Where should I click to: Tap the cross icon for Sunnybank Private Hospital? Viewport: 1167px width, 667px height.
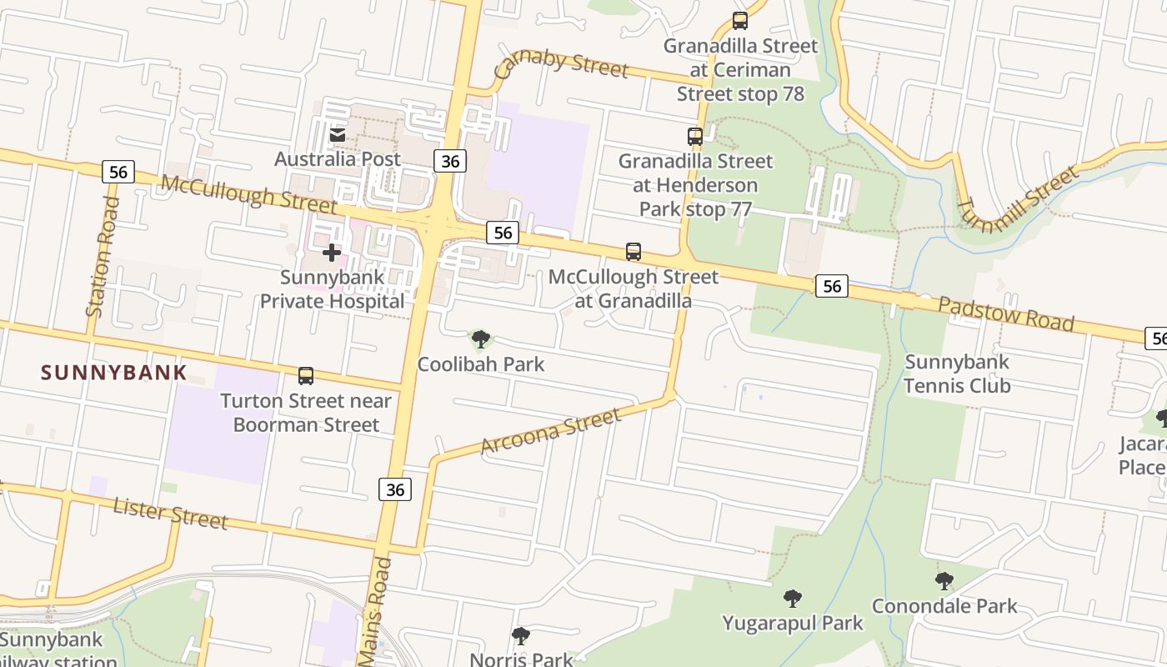click(x=332, y=253)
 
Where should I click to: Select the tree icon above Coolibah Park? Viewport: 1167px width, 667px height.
click(x=480, y=339)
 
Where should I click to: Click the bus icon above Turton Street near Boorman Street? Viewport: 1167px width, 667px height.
click(x=306, y=376)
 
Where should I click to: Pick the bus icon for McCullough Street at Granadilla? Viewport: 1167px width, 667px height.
click(x=634, y=252)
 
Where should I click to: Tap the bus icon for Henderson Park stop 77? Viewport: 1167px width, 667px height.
click(x=695, y=137)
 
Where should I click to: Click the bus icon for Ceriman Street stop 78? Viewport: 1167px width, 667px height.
click(x=740, y=22)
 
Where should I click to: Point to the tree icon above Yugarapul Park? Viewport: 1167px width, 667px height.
click(x=793, y=598)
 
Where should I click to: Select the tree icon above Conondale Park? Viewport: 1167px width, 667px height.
click(x=944, y=581)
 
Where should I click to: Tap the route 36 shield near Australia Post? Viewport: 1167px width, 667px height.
click(x=449, y=161)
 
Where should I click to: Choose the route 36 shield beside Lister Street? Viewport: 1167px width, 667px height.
click(x=395, y=489)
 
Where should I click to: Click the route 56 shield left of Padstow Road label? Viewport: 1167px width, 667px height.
click(x=831, y=287)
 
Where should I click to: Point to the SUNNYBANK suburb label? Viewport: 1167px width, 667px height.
click(x=114, y=373)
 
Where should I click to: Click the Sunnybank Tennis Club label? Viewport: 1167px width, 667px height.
click(x=957, y=374)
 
